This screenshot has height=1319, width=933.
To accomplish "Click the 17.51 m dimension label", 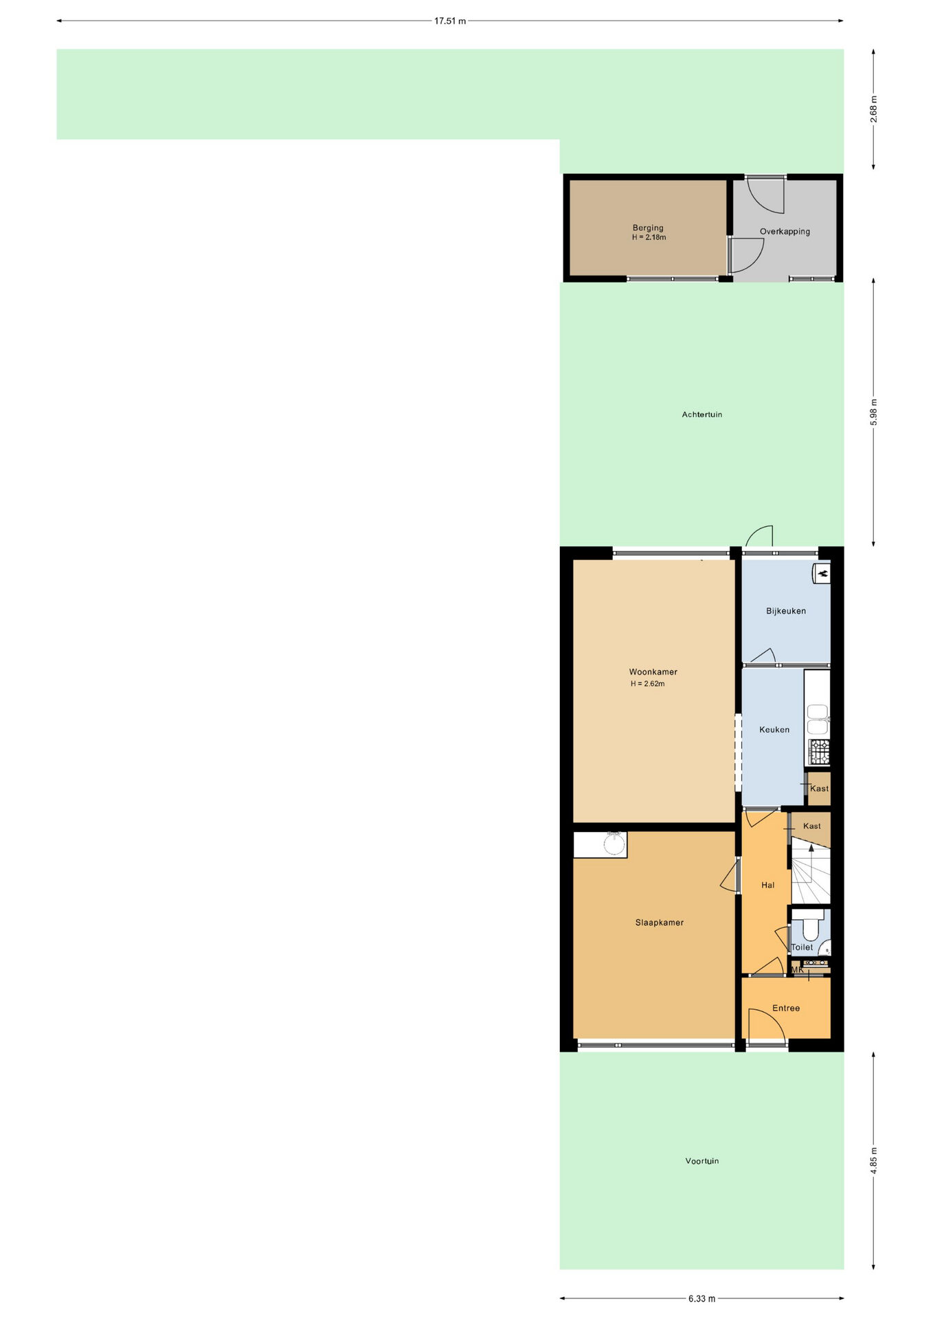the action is point(449,21).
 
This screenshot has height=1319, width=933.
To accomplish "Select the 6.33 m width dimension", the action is point(701,1298).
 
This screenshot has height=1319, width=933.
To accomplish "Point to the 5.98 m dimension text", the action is point(874,412).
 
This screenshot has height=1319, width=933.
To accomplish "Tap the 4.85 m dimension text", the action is point(874,1160).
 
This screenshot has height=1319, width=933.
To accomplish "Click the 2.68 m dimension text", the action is point(874,109).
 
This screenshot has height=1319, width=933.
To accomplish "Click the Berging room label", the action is point(648,227).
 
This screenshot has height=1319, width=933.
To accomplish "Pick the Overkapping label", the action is point(785,232).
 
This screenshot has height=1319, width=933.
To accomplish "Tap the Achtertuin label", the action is point(701,414).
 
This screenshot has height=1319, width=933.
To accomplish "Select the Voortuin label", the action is point(701,1161).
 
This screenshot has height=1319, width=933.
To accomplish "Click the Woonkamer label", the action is point(653,672).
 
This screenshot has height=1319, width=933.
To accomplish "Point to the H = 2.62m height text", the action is point(647,684).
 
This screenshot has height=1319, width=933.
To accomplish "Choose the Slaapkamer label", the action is point(659,923).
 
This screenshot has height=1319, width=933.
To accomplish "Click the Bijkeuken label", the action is point(785,611).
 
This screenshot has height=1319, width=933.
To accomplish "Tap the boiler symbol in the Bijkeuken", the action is point(821,573).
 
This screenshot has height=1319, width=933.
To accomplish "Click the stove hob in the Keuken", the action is point(819,752).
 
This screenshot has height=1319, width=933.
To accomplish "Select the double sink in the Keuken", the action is point(818,719).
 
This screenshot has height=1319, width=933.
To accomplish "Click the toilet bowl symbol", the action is point(811,927).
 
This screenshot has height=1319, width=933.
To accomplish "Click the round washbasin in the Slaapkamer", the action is point(614,844).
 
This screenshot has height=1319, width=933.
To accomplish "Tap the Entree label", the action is point(786,1008).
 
